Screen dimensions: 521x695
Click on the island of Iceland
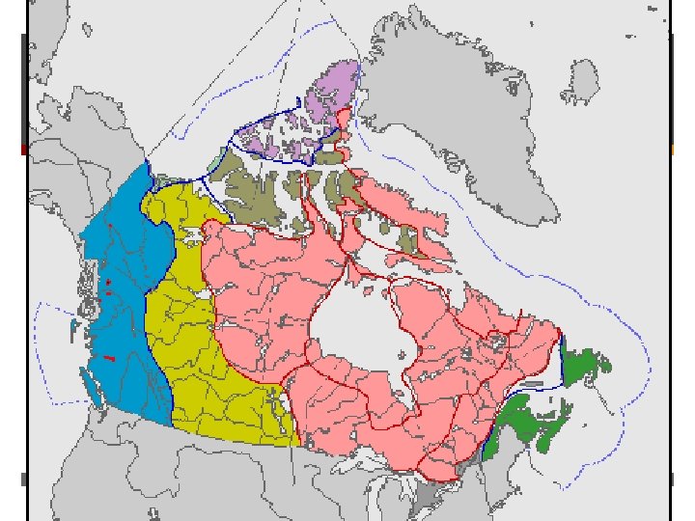[582, 75]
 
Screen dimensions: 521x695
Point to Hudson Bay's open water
[362, 328]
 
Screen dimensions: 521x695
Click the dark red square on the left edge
[24, 150]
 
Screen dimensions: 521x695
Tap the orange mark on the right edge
[672, 150]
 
